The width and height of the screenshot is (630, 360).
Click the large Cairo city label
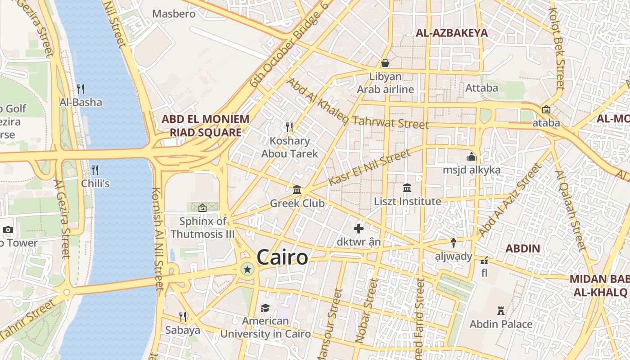pyautogui.click(x=283, y=258)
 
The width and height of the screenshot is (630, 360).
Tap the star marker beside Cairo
pyautogui.click(x=247, y=270)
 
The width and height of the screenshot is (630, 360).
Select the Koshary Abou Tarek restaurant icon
pyautogui.click(x=289, y=127)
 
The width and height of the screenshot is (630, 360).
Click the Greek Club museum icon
pyautogui.click(x=297, y=190)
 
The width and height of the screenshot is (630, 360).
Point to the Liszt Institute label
pyautogui.click(x=407, y=202)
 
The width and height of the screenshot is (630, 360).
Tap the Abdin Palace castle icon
pyautogui.click(x=500, y=310)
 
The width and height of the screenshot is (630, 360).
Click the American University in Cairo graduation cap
pyautogui.click(x=265, y=308)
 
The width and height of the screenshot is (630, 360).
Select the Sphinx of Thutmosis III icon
pyautogui.click(x=202, y=208)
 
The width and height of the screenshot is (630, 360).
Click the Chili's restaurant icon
pyautogui.click(x=95, y=170)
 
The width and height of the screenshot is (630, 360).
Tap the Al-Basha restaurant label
pyautogui.click(x=81, y=103)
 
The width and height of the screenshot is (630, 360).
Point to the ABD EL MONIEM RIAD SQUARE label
pyautogui.click(x=205, y=126)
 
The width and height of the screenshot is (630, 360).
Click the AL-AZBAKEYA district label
pyautogui.click(x=451, y=33)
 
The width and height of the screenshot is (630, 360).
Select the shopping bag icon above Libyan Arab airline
pyautogui.click(x=385, y=63)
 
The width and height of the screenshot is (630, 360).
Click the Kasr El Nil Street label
pyautogui.click(x=369, y=167)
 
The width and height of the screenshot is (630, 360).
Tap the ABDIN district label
pyautogui.click(x=522, y=249)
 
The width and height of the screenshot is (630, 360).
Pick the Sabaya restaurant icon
pyautogui.click(x=183, y=317)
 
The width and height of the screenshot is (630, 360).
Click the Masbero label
pyautogui.click(x=174, y=14)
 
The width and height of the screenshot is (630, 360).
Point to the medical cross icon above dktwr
pyautogui.click(x=359, y=229)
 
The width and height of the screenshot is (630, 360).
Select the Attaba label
pyautogui.click(x=481, y=88)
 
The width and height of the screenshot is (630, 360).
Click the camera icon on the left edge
pyautogui.click(x=8, y=230)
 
